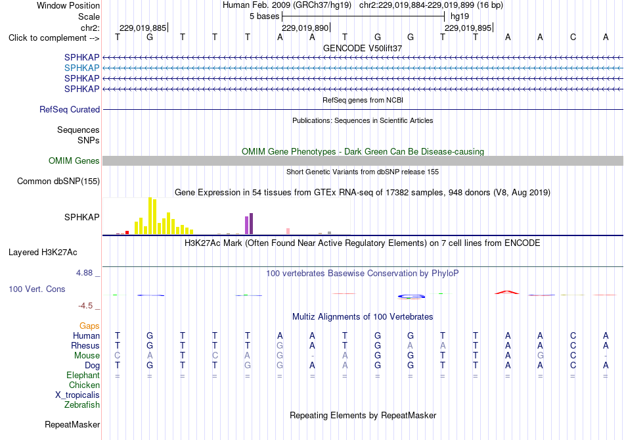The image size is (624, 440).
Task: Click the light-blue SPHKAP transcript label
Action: click(81, 68)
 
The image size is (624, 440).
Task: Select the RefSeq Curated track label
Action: click(70, 110)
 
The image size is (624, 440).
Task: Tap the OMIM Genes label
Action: click(74, 160)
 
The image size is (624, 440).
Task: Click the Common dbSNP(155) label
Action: click(58, 182)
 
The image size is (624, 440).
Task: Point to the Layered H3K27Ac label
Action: click(43, 253)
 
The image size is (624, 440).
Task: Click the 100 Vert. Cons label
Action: click(37, 289)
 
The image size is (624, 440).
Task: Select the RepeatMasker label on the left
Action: click(72, 424)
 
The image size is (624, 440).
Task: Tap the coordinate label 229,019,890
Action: click(305, 28)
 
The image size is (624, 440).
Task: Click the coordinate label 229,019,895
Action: click(468, 28)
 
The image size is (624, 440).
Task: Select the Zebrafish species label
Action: click(82, 405)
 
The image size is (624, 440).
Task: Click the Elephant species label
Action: click(83, 376)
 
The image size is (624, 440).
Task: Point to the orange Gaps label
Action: click(89, 326)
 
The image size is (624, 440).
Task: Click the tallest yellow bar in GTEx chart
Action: click(150, 216)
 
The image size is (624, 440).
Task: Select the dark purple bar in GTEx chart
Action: click(251, 224)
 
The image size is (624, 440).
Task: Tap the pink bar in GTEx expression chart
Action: click(288, 231)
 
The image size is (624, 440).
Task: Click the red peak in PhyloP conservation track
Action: click(506, 293)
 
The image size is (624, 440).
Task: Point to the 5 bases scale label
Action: click(264, 16)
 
